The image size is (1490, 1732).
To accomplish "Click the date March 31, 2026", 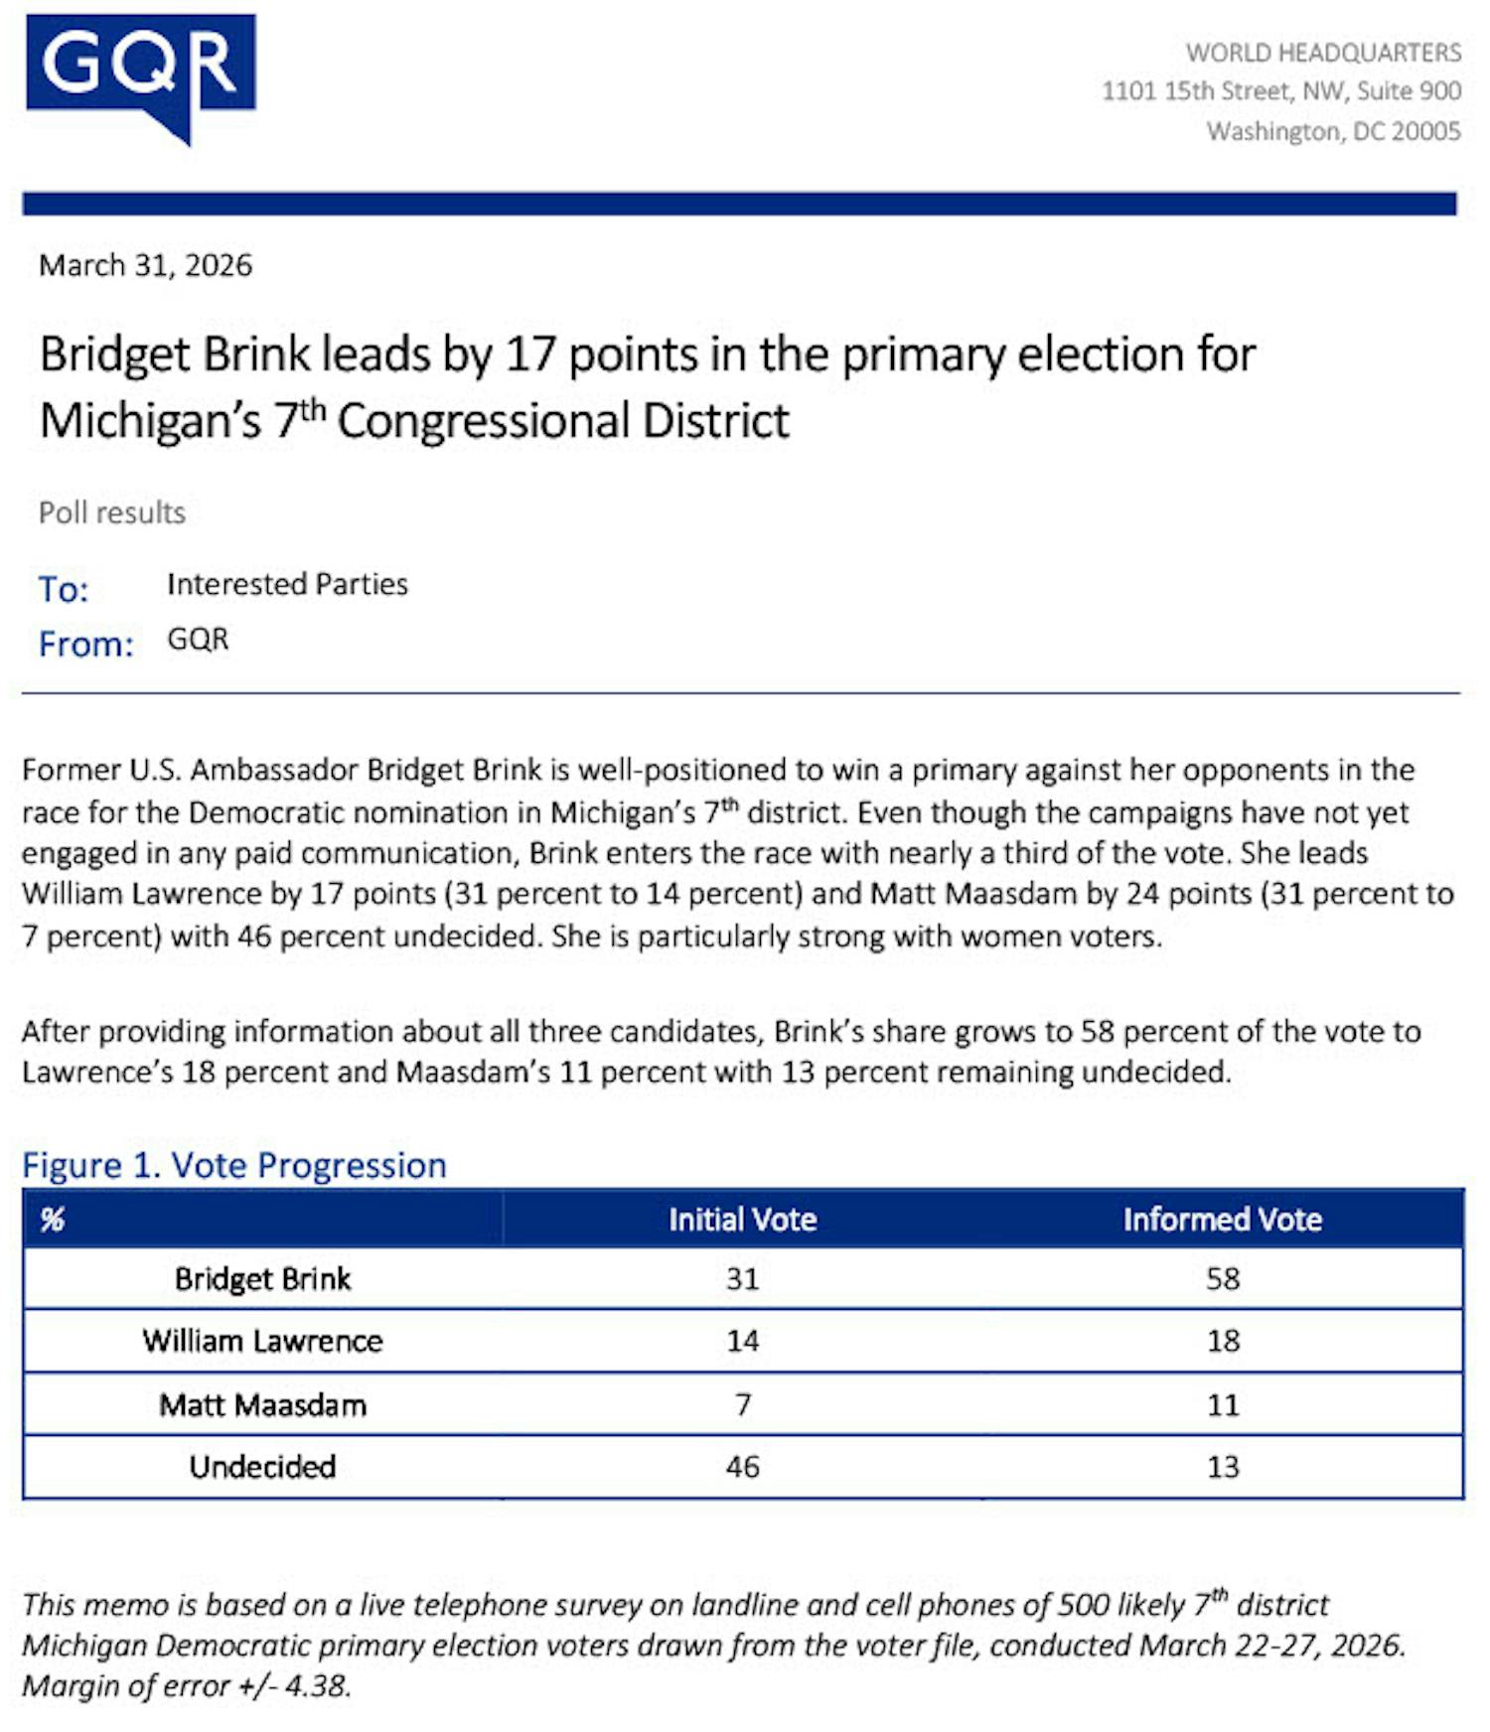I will click(x=145, y=265).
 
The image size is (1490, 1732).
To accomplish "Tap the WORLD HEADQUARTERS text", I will click(x=1323, y=52).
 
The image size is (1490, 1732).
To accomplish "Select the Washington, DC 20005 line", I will click(x=1333, y=131).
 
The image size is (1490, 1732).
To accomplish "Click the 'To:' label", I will click(x=64, y=589).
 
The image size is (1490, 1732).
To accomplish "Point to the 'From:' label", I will click(x=85, y=644).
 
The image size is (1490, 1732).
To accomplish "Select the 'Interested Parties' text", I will click(x=287, y=584).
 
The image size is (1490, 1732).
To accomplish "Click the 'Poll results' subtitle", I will click(x=112, y=512).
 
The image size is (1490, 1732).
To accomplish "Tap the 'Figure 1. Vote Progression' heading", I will click(x=234, y=1165).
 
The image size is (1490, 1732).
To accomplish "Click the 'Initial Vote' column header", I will click(x=742, y=1220).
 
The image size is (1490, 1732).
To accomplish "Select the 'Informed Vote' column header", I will click(x=1222, y=1220).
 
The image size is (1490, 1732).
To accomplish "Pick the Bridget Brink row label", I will click(x=262, y=1278).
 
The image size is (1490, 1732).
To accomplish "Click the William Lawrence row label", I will click(x=262, y=1341).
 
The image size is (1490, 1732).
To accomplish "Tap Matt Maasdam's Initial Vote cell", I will click(x=742, y=1404).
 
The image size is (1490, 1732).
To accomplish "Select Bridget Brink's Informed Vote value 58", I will click(x=1222, y=1278).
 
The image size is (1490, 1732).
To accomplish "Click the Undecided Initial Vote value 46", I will click(x=742, y=1467).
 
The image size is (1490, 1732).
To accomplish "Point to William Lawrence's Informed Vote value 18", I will click(x=1222, y=1341).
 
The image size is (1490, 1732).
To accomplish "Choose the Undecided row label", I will click(x=262, y=1467).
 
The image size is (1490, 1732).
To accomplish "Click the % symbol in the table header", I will click(x=52, y=1220).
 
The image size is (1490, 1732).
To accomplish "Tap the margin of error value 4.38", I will click(x=317, y=1686).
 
